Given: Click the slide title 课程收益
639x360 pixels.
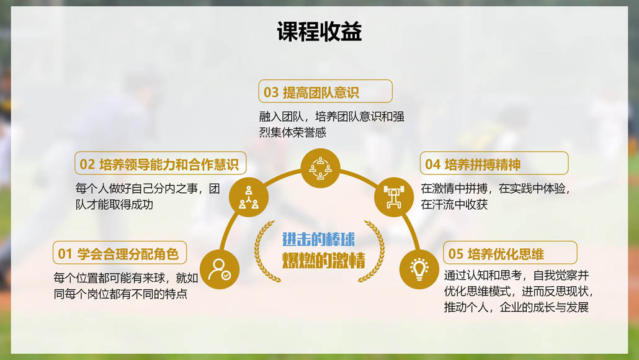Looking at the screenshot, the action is [319, 32].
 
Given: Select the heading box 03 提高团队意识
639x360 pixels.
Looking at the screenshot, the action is [325, 91].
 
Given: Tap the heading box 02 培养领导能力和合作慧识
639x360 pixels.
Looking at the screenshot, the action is [161, 163].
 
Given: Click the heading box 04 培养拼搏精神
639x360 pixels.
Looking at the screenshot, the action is [494, 163].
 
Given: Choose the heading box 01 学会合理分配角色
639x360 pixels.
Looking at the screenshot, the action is [120, 253].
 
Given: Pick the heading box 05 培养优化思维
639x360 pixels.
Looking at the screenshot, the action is [510, 253].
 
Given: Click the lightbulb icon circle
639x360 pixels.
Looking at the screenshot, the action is [419, 269].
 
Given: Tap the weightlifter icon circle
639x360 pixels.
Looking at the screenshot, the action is [394, 197].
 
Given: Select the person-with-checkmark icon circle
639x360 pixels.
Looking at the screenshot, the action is [220, 269].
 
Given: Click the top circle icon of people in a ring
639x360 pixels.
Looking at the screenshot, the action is [320, 168].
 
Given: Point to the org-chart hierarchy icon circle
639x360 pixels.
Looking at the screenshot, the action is [249, 197].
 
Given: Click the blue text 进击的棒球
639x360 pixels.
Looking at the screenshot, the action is [319, 240].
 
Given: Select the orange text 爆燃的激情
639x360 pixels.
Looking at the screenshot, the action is [324, 261].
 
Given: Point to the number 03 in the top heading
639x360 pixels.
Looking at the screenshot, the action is [271, 92].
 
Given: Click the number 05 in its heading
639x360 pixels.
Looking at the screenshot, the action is [455, 254].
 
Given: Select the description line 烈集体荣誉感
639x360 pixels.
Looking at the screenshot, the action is [293, 132].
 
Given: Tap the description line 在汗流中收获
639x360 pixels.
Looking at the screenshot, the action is [454, 204].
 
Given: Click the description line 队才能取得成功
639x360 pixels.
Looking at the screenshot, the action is [114, 204].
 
